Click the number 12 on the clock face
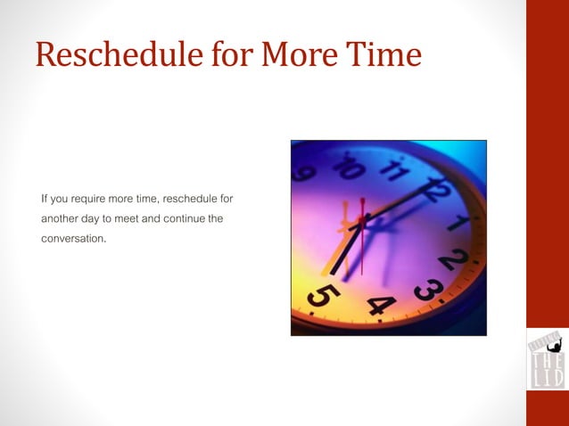point(436,188)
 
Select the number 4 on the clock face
point(382,306)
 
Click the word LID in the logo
point(547,378)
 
